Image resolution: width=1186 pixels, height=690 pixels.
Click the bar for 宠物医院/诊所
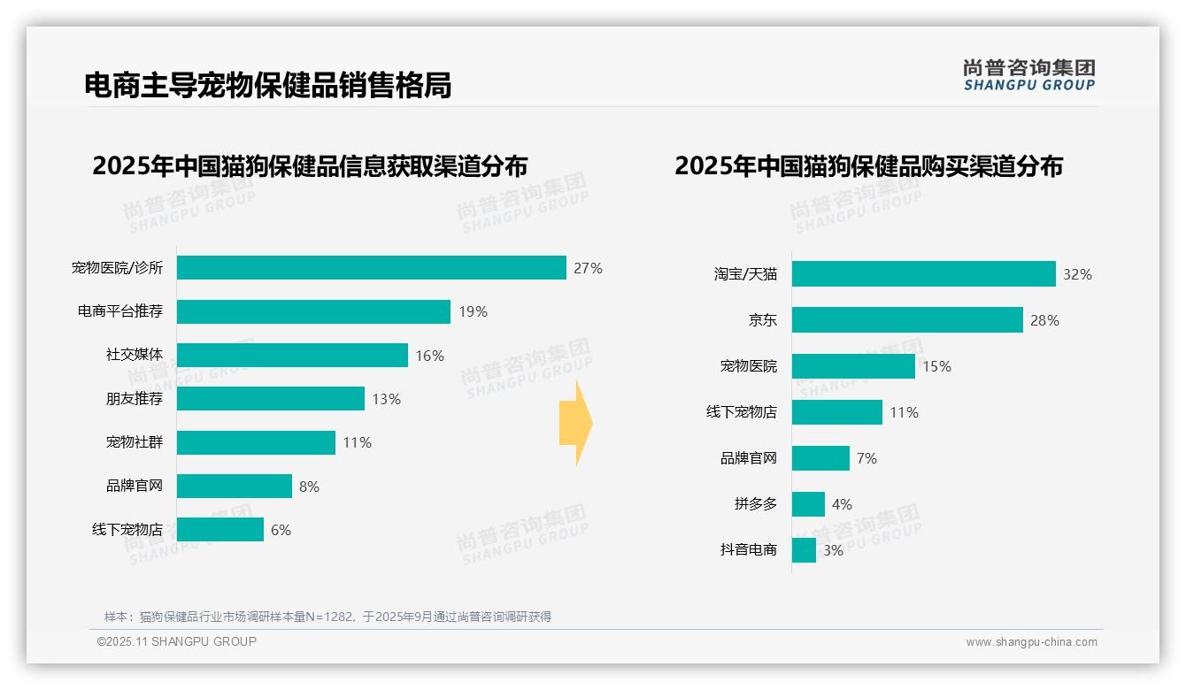click(x=371, y=268)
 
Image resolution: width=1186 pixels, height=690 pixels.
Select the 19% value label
click(x=473, y=311)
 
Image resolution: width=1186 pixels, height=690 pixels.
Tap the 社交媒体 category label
click(x=135, y=355)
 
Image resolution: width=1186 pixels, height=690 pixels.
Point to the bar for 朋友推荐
click(x=271, y=399)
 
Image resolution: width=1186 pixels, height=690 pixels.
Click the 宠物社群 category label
click(x=135, y=442)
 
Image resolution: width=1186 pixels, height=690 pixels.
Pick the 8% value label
click(x=309, y=487)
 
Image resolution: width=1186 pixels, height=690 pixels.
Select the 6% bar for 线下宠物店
click(x=220, y=530)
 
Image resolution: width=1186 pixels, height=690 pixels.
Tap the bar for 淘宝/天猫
click(x=923, y=274)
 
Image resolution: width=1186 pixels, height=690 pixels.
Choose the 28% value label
click(x=1044, y=320)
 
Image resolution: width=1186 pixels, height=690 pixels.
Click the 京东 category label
click(x=762, y=320)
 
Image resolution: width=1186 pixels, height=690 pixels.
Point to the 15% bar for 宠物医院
click(x=853, y=366)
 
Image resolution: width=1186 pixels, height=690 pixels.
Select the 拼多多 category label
click(x=756, y=504)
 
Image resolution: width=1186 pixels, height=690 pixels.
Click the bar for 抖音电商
click(x=804, y=550)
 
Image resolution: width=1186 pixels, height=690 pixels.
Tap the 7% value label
click(x=866, y=458)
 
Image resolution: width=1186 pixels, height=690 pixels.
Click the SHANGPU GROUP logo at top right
click(x=1029, y=75)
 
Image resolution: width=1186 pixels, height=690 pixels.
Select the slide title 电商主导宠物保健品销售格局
click(x=267, y=85)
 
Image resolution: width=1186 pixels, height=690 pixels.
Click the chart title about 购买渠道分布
click(x=868, y=166)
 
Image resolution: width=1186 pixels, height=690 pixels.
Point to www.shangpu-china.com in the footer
click(x=1031, y=642)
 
